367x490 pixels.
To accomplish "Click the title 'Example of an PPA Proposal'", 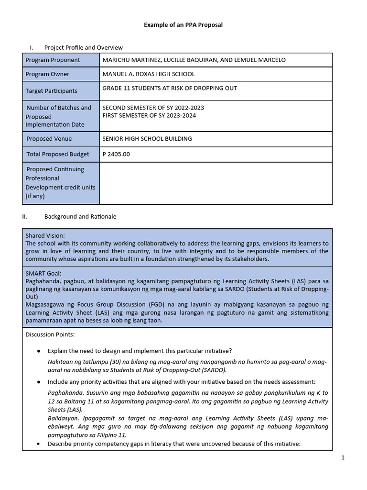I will click(183, 25).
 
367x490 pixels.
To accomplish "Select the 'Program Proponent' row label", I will click(53, 60).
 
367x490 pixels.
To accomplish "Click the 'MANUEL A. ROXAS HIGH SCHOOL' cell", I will click(149, 74).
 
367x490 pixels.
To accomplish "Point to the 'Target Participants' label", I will click(51, 91).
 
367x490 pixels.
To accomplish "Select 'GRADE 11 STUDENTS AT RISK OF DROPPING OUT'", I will click(170, 88).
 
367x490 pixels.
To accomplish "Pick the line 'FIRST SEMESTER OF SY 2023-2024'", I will click(149, 115).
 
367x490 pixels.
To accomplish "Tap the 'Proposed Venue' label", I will click(49, 139).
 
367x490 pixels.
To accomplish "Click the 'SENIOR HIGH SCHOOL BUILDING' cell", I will click(147, 139).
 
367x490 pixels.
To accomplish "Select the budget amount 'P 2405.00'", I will click(116, 154).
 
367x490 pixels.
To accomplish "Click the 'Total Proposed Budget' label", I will click(57, 154).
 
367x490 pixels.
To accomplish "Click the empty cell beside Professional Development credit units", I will click(216, 183).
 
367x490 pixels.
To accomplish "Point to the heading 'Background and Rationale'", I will click(80, 216).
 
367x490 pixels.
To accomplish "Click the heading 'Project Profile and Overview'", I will click(83, 47).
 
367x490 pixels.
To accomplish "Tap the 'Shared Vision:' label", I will click(45, 235).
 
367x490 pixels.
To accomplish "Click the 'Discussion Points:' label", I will click(50, 334).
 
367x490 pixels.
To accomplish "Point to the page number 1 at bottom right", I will click(343, 457).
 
